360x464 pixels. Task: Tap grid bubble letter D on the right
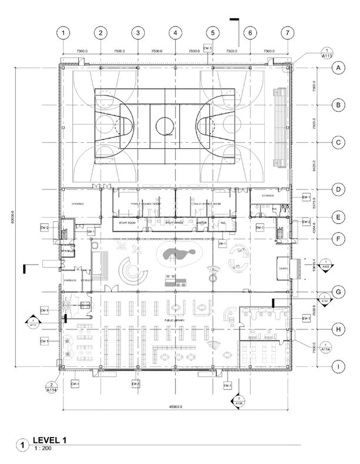pyautogui.click(x=338, y=189)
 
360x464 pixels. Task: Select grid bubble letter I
pyautogui.click(x=338, y=368)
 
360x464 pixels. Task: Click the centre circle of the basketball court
pyautogui.click(x=165, y=125)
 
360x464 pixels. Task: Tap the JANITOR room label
pyautogui.click(x=202, y=223)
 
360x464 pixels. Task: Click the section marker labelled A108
pyautogui.click(x=239, y=402)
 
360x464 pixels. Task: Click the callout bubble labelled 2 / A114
pyautogui.click(x=51, y=386)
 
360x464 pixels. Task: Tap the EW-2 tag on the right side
pyautogui.click(x=306, y=222)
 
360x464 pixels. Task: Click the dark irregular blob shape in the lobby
pyautogui.click(x=176, y=254)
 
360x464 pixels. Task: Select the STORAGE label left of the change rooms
pyautogui.click(x=78, y=203)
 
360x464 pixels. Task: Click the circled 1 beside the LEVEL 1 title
pyautogui.click(x=23, y=445)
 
